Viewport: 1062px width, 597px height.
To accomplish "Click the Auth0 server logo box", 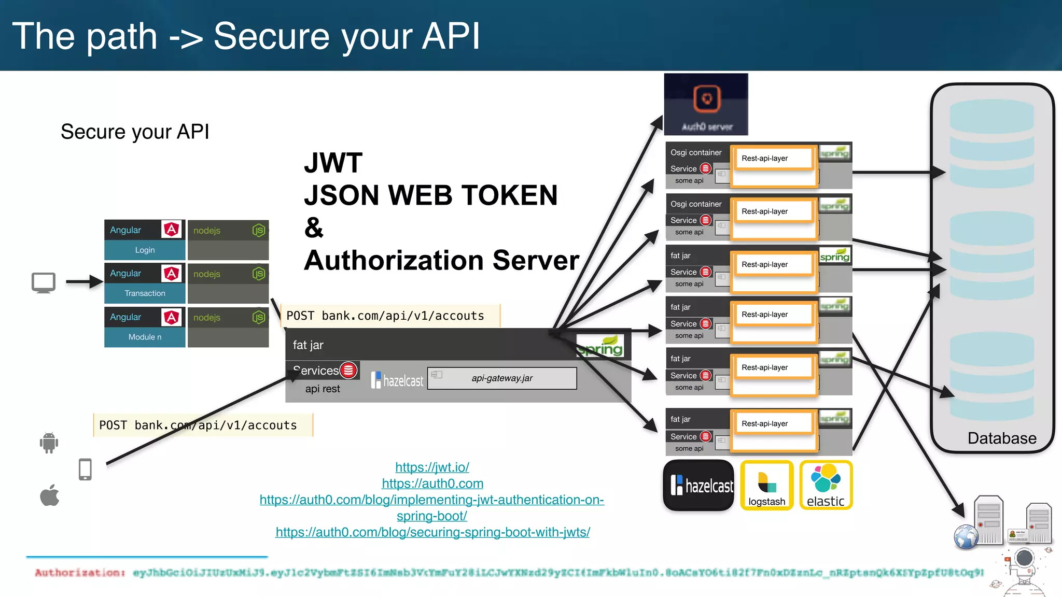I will [x=706, y=104].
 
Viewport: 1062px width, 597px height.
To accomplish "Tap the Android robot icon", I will [x=49, y=443].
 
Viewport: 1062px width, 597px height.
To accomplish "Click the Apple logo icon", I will [x=50, y=495].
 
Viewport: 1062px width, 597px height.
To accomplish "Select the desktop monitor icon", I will [x=44, y=283].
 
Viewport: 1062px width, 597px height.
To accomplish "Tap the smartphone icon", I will [x=85, y=470].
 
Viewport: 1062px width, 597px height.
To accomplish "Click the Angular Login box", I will [x=145, y=240].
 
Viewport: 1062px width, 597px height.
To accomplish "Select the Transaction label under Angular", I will [x=145, y=293].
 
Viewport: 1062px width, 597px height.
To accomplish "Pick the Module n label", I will [x=145, y=337].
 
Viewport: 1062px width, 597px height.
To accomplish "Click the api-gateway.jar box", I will [x=502, y=378].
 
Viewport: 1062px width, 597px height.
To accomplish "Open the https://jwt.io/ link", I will [x=432, y=467].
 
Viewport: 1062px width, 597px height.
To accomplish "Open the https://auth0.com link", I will [x=432, y=484].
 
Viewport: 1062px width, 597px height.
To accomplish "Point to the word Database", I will [x=1001, y=438].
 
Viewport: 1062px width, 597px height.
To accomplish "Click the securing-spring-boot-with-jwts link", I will [x=432, y=532].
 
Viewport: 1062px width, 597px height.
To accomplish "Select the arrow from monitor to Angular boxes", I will [x=84, y=282].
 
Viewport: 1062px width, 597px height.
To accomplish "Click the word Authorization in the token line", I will [x=79, y=573].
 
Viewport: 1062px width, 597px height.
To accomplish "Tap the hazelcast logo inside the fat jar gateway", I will [x=397, y=380].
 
